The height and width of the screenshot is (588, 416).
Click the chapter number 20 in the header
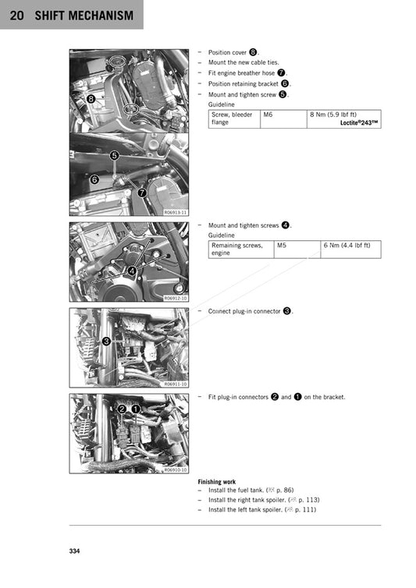click(15, 15)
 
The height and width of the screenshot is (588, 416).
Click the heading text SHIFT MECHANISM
click(84, 15)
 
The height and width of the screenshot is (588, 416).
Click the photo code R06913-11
click(175, 212)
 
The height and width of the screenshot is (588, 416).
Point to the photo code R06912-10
click(175, 298)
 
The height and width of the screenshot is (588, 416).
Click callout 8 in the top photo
click(91, 99)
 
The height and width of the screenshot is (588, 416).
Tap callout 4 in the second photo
click(133, 270)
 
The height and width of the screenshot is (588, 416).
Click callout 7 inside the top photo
click(141, 192)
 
